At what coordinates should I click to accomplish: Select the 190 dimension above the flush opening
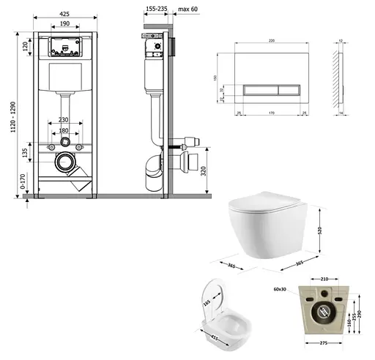pyautogui.click(x=65, y=24)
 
